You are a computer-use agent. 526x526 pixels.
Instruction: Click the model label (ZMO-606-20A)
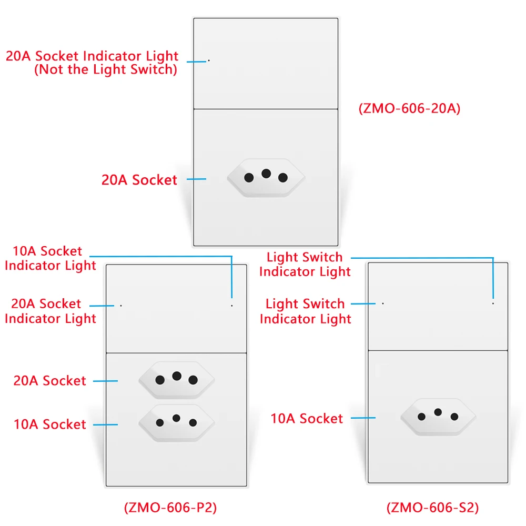409,109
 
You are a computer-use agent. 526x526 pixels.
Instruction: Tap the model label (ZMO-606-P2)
170,508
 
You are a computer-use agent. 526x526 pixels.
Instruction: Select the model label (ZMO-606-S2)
432,508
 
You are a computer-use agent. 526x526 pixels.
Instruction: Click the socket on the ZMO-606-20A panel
266,177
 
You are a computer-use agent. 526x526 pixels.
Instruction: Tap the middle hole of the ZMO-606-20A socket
266,173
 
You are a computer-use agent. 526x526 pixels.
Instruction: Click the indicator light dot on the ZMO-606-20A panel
209,60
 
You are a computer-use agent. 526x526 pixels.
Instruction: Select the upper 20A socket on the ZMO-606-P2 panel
176,379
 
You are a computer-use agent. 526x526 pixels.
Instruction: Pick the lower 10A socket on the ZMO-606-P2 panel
176,422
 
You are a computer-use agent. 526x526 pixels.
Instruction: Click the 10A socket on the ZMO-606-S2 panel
438,416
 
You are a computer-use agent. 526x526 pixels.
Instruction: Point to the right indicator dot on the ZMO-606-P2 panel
232,305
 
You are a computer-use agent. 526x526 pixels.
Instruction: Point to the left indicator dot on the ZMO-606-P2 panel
121,305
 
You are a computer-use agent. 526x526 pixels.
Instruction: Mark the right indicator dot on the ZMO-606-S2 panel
493,303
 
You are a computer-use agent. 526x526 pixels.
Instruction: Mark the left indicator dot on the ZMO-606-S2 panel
383,303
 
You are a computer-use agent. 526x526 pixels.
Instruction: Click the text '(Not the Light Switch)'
105,69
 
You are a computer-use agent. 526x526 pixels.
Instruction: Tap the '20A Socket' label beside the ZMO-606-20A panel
139,180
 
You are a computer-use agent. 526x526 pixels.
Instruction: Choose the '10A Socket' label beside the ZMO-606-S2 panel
307,419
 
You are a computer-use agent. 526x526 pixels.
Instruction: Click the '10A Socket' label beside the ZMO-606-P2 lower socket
49,424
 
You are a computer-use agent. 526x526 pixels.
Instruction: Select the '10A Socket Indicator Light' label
50,258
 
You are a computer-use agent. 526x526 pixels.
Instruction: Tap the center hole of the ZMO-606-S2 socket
438,412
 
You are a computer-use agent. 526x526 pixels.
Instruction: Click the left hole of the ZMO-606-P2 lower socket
160,422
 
